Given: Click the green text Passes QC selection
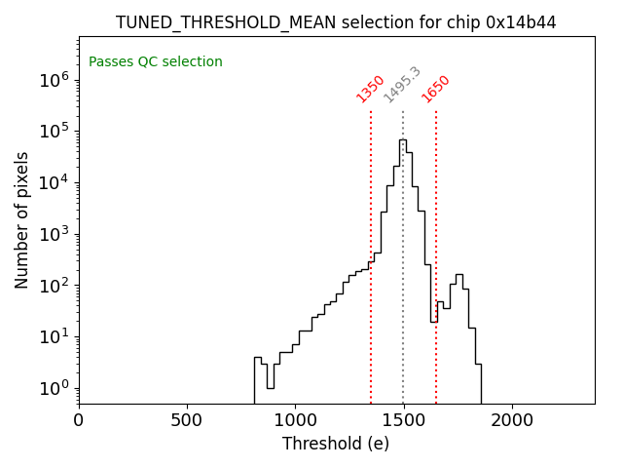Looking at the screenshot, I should tap(156, 62).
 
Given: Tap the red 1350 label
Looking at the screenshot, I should tap(371, 89).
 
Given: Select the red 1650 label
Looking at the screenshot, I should tap(436, 89).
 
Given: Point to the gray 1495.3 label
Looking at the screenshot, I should tap(402, 85).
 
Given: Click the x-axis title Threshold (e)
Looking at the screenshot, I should tap(336, 444).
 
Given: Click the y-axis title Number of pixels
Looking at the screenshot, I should tap(22, 220).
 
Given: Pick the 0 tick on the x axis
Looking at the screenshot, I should tap(79, 421).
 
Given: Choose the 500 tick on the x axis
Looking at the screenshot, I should tap(187, 421).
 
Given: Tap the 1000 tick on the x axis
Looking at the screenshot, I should tap(295, 421).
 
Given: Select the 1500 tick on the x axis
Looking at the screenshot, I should tap(403, 421).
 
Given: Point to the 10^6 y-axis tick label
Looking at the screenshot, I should tap(54, 81).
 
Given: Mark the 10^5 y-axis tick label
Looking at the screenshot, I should tap(54, 132).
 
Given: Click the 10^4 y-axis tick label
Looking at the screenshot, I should tap(54, 183).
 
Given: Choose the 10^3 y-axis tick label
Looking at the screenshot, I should tap(54, 234).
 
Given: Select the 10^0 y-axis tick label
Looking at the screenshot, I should tap(54, 388).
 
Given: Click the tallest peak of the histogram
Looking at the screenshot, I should tap(402, 140).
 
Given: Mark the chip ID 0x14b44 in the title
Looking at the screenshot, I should tap(521, 22).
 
